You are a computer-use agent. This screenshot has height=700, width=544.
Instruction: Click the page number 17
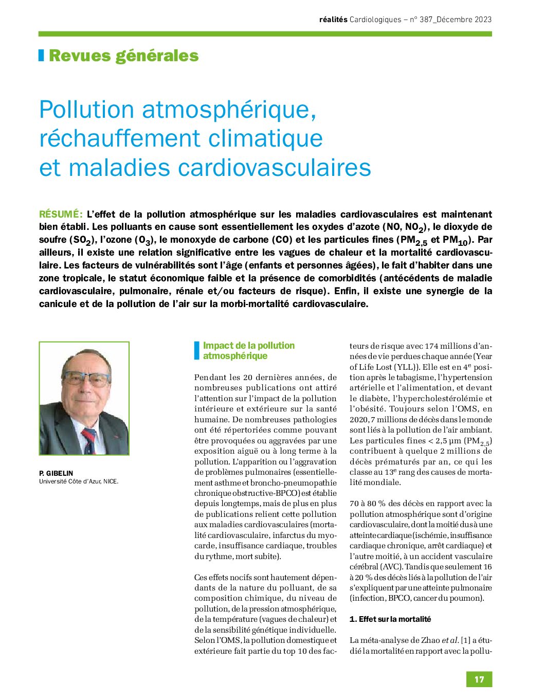[x=479, y=679]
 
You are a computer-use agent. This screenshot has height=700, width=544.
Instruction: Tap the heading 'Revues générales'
[x=123, y=56]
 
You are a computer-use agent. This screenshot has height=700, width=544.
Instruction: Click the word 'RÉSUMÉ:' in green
[x=60, y=214]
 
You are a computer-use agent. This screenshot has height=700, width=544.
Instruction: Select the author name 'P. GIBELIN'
[x=56, y=473]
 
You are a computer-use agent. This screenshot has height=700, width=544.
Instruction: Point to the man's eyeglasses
[x=86, y=379]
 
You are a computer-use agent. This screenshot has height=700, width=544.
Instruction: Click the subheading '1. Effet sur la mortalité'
[x=390, y=619]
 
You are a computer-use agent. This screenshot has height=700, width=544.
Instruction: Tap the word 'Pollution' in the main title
[x=86, y=110]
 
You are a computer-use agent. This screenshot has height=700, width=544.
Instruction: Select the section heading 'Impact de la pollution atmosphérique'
[x=248, y=350]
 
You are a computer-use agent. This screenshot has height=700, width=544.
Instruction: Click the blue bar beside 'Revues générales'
[x=41, y=56]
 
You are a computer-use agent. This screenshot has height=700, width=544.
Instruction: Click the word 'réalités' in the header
[x=333, y=20]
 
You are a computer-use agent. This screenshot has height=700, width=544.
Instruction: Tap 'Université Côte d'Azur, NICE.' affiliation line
[x=79, y=481]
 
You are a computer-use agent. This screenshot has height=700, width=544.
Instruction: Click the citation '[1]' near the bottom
[x=465, y=640]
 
